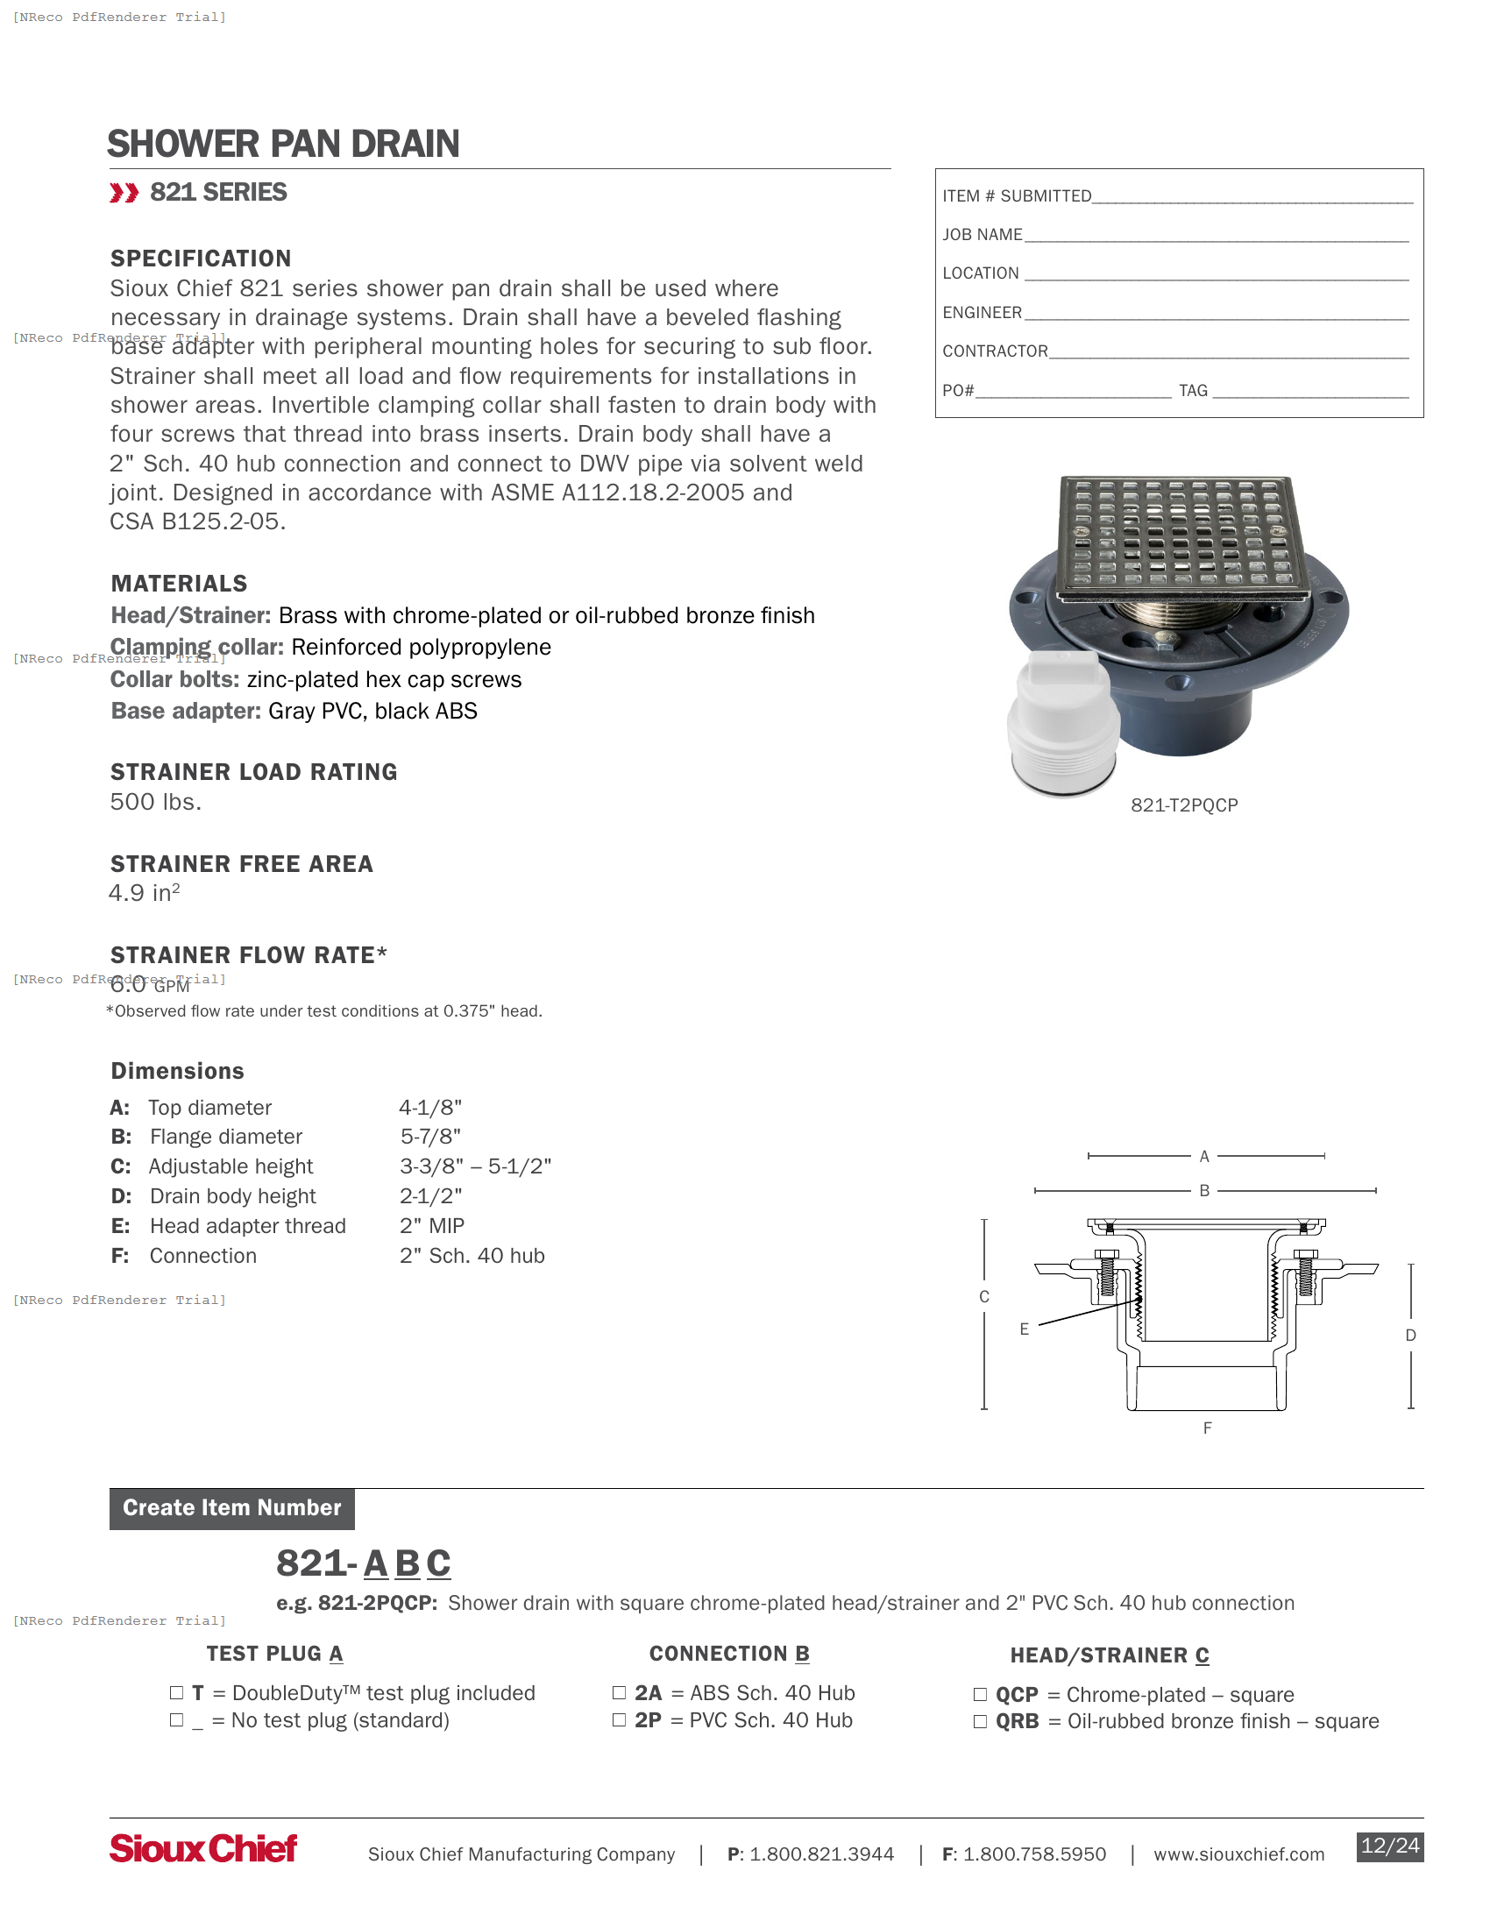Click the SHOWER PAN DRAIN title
[x=282, y=144]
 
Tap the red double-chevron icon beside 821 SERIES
[x=124, y=193]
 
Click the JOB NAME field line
[x=1216, y=236]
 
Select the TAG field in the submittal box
[x=1310, y=391]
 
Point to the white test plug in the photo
[x=1063, y=723]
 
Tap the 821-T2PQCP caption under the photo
[x=1184, y=805]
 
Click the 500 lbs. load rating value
[x=155, y=802]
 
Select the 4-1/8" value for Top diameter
[x=429, y=1107]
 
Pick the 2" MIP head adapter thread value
[x=431, y=1225]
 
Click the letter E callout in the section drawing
[x=1024, y=1329]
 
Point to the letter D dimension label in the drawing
[x=1410, y=1336]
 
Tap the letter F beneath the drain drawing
[x=1207, y=1428]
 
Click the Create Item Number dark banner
[x=231, y=1508]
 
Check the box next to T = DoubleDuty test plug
[x=176, y=1692]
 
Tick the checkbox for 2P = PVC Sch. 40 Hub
[x=619, y=1719]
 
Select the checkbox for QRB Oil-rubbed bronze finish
[x=980, y=1721]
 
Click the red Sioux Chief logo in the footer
[x=203, y=1847]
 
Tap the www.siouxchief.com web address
[x=1238, y=1854]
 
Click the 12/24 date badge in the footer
[x=1389, y=1846]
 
